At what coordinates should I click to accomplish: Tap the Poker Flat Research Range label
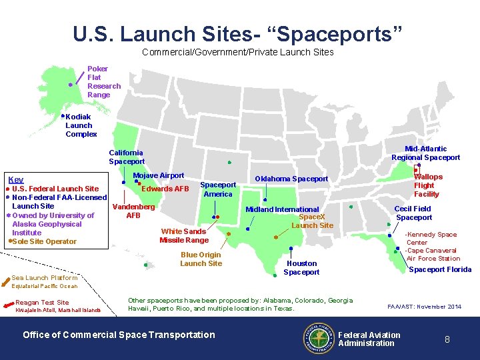pyautogui.click(x=104, y=82)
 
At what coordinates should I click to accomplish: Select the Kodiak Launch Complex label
pyautogui.click(x=81, y=125)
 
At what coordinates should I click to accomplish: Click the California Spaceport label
pyautogui.click(x=127, y=157)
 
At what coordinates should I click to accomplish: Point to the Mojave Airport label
pyautogui.click(x=159, y=175)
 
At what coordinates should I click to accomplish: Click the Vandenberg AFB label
pyautogui.click(x=133, y=211)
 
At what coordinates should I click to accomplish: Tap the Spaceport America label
pyautogui.click(x=218, y=189)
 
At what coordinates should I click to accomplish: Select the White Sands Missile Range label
pyautogui.click(x=183, y=235)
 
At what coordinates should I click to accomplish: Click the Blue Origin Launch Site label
pyautogui.click(x=201, y=259)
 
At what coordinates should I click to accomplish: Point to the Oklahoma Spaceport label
pyautogui.click(x=291, y=179)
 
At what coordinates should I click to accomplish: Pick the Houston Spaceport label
pyautogui.click(x=301, y=267)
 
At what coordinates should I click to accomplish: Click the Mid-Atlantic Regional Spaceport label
pyautogui.click(x=425, y=153)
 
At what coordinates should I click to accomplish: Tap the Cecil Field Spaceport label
pyautogui.click(x=413, y=213)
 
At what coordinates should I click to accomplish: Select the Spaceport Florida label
pyautogui.click(x=439, y=269)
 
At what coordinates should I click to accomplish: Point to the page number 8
pyautogui.click(x=447, y=339)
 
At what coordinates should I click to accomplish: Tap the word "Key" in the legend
pyautogui.click(x=15, y=180)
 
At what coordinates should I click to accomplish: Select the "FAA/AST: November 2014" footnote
pyautogui.click(x=424, y=307)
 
